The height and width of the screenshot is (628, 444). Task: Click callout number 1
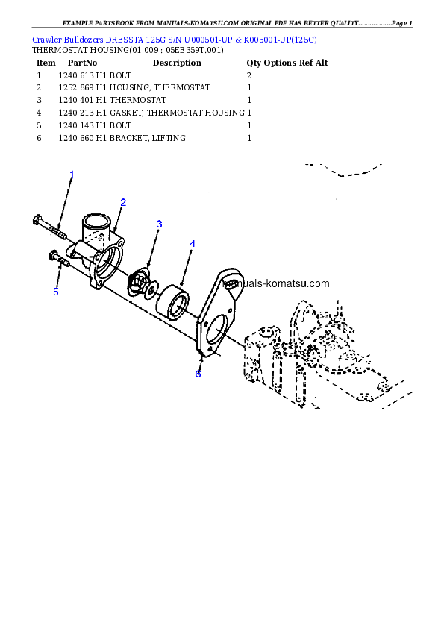[x=72, y=174]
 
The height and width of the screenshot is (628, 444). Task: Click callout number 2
[x=123, y=201]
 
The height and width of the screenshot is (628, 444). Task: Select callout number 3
[x=159, y=224]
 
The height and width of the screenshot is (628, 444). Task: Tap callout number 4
[x=193, y=244]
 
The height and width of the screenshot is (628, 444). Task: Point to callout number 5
[x=56, y=292]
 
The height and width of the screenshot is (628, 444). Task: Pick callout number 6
[x=198, y=374]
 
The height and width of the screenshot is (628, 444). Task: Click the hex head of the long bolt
[x=37, y=219]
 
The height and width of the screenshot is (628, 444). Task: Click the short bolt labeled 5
[x=59, y=258]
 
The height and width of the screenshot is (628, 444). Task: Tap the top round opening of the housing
[x=96, y=222]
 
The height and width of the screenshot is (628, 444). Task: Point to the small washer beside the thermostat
[x=151, y=289]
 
